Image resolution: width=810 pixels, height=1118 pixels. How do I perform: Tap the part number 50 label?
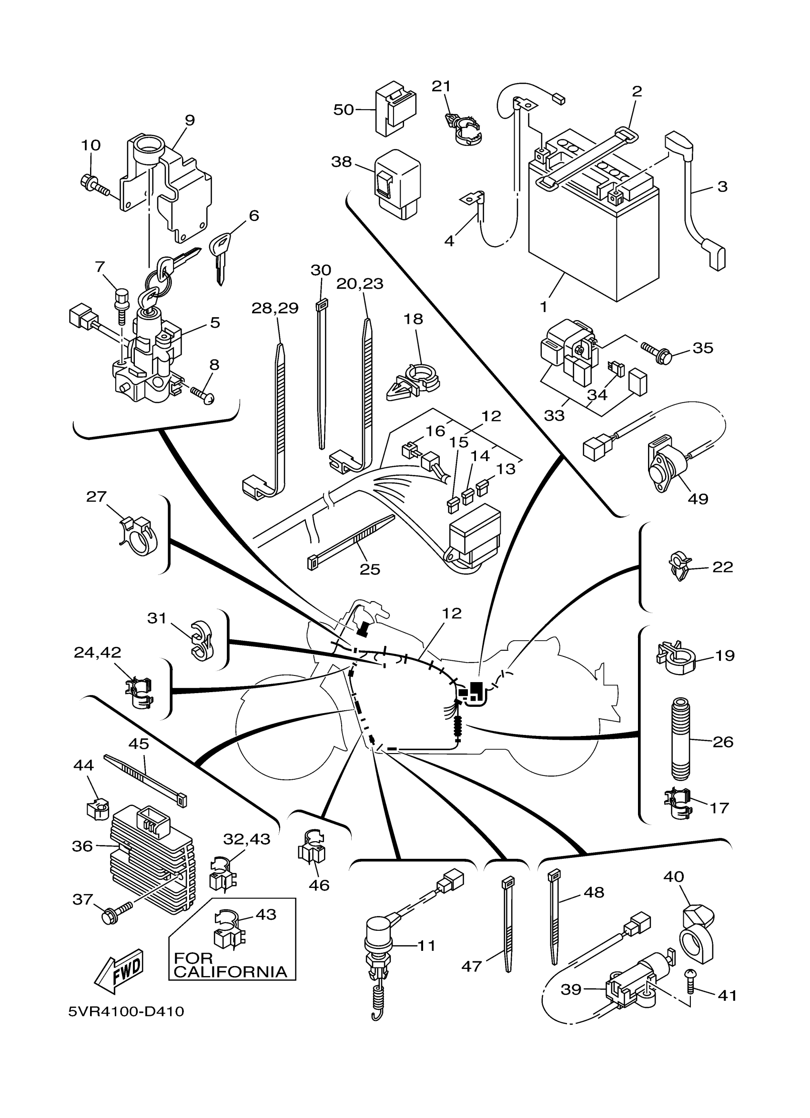[343, 110]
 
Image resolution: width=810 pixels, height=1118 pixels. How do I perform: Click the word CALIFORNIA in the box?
[230, 972]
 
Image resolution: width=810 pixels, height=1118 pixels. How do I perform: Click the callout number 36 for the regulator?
[82, 846]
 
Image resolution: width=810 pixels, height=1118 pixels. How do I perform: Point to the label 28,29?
[274, 308]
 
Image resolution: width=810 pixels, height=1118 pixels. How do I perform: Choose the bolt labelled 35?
[656, 352]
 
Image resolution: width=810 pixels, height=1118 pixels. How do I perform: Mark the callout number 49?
[698, 498]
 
